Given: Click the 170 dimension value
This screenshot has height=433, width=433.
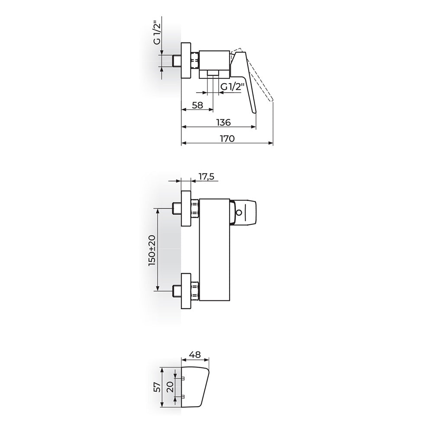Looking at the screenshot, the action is pos(227,138).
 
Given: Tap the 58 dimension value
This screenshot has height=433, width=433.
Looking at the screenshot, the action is pos(197,105).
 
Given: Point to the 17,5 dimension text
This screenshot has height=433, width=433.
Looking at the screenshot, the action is pos(207,177).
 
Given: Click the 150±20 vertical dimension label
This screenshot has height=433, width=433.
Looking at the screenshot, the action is pos(152,251).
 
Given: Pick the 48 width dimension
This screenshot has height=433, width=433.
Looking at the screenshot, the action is pos(196,354).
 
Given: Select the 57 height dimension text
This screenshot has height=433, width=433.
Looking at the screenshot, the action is pos(157,387).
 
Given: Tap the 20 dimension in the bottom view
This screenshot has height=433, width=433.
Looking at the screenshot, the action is pos(170,387).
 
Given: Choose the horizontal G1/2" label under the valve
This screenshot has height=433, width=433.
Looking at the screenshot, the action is pos(233,87).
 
